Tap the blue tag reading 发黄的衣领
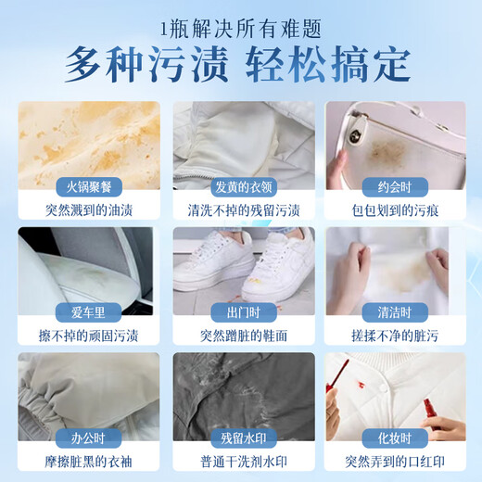point(240,185)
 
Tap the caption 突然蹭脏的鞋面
point(240,335)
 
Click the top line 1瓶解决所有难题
point(240,25)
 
